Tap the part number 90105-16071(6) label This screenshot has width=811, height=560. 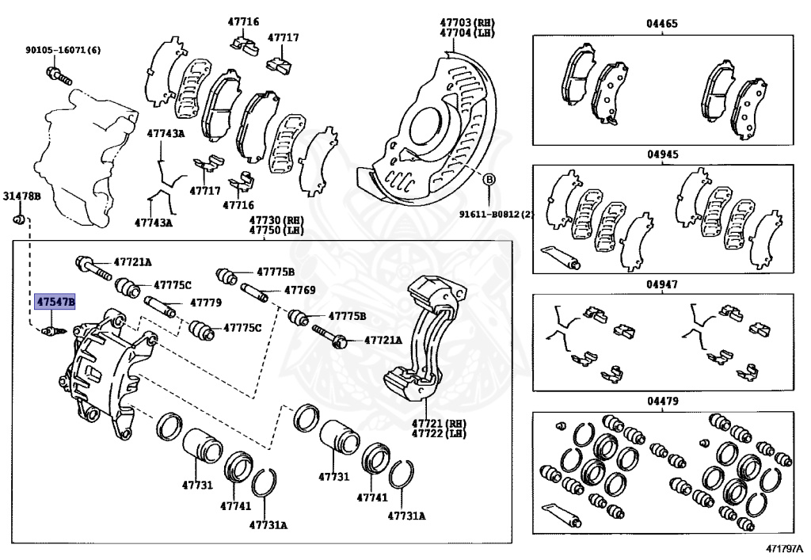pyautogui.click(x=63, y=51)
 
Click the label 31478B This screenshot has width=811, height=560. pyautogui.click(x=17, y=195)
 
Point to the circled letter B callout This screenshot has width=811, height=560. pyautogui.click(x=489, y=180)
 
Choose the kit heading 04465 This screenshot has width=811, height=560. pyautogui.click(x=662, y=25)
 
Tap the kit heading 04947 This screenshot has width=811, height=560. pyautogui.click(x=662, y=283)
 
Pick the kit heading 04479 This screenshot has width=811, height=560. pyautogui.click(x=662, y=402)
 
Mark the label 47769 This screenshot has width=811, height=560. pyautogui.click(x=299, y=291)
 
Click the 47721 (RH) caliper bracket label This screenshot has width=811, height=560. pyautogui.click(x=438, y=424)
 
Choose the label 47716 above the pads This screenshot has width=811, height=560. pyautogui.click(x=243, y=21)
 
